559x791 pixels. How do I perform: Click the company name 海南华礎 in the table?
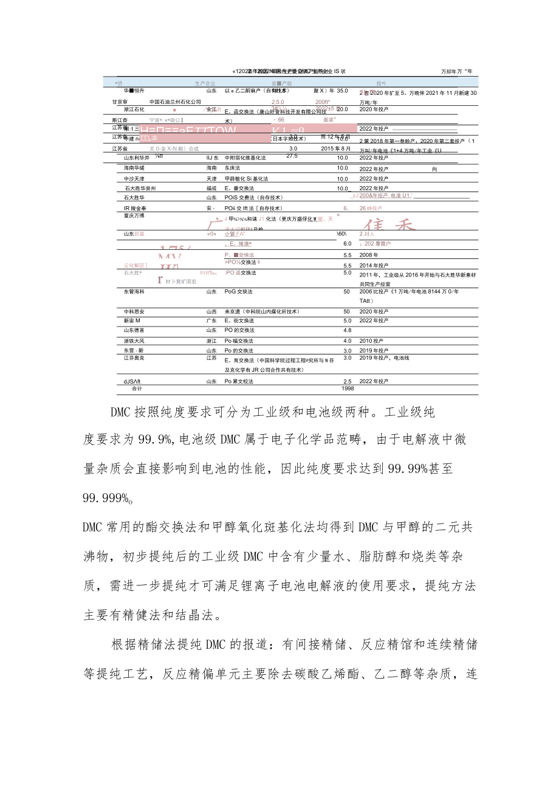(134, 168)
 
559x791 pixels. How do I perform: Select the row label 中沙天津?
(134, 179)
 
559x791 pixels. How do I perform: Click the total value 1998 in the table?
(347, 388)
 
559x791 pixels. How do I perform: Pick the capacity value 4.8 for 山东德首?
(347, 330)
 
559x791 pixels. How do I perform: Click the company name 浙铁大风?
(134, 340)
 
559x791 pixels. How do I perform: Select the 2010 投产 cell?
(374, 340)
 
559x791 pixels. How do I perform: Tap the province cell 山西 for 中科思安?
(211, 311)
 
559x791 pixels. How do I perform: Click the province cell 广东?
(211, 320)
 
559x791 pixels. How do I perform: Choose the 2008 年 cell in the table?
(369, 255)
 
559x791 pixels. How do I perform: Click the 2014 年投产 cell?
(374, 266)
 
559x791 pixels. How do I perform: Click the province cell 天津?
(211, 179)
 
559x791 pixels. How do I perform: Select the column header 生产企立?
(205, 83)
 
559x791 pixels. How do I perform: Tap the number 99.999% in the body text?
(107, 498)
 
